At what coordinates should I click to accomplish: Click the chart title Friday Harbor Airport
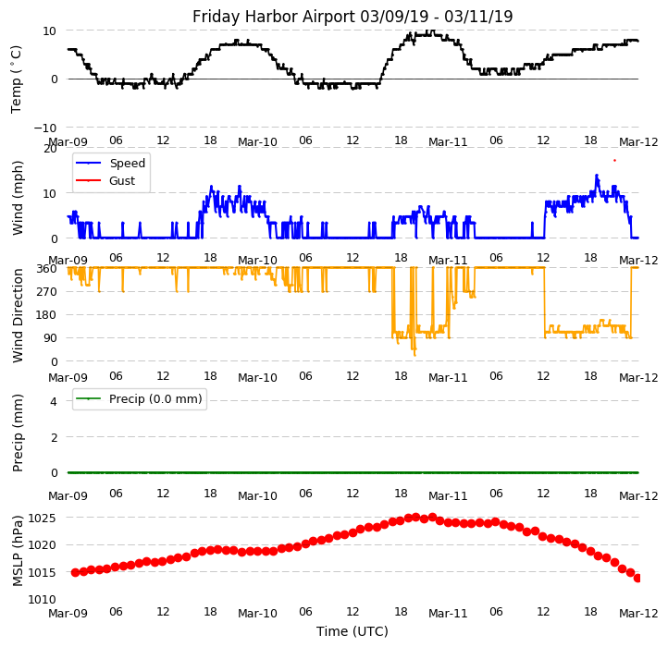(353, 17)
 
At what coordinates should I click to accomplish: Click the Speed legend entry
(127, 164)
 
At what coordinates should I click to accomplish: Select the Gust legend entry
(121, 181)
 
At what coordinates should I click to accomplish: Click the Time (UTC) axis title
(353, 631)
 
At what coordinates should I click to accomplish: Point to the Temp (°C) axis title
(17, 79)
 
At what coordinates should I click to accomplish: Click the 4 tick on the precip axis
(55, 401)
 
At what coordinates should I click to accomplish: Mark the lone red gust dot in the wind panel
(614, 160)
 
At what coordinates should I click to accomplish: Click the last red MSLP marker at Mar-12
(637, 578)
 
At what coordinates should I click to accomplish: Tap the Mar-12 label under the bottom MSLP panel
(638, 613)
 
